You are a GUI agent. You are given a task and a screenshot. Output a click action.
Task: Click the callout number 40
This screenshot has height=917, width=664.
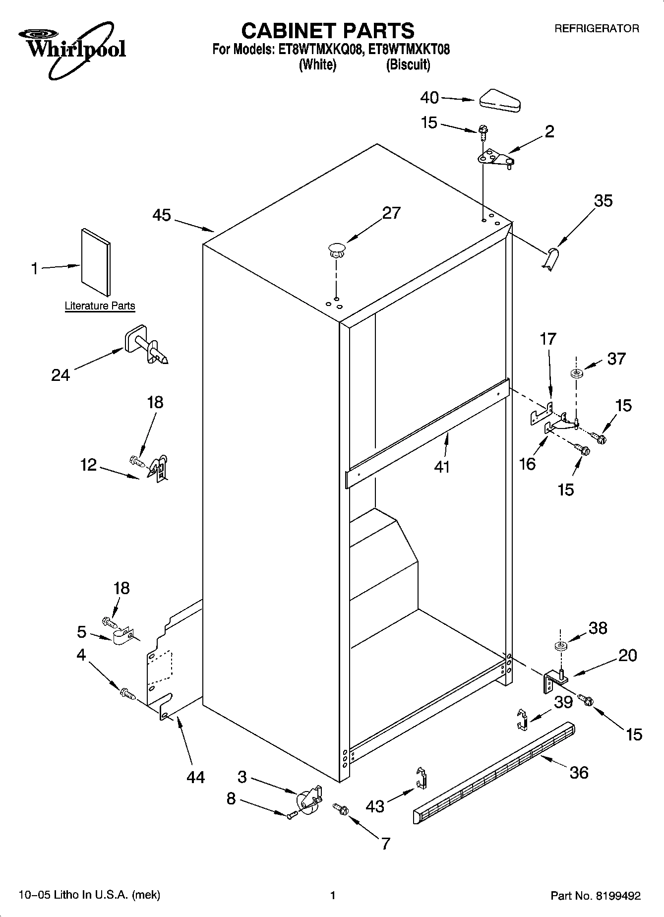click(x=429, y=98)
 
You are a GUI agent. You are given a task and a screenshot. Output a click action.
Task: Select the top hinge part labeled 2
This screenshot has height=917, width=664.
click(x=494, y=158)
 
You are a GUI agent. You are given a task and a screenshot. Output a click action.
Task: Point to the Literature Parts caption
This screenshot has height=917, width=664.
click(x=100, y=306)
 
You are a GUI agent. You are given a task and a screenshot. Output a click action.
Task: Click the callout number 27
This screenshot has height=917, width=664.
click(x=391, y=213)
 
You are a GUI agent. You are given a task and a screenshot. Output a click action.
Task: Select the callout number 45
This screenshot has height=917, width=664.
click(x=162, y=215)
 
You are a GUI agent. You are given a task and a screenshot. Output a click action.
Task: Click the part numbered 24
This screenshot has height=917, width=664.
click(x=145, y=346)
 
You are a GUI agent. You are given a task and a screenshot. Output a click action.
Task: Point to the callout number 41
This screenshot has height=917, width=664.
click(x=441, y=467)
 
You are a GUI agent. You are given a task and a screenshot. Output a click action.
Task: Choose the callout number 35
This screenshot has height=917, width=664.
click(x=603, y=201)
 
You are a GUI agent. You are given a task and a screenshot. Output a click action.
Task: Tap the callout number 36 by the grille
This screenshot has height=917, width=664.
click(x=579, y=772)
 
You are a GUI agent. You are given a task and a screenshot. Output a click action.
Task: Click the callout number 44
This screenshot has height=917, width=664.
click(x=195, y=777)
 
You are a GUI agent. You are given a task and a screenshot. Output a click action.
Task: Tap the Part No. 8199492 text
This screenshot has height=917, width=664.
click(x=596, y=896)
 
